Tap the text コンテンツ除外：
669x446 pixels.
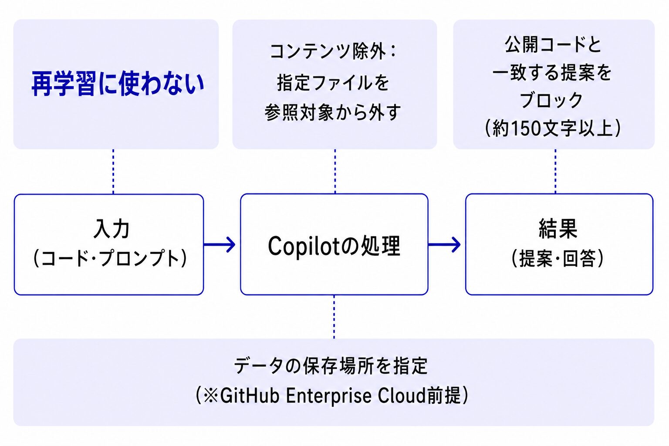333,51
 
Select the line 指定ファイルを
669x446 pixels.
333,82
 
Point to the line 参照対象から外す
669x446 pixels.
333,112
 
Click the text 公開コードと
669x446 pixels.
553,44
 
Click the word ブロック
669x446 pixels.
551,100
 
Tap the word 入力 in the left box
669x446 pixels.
111,229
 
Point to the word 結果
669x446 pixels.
558,229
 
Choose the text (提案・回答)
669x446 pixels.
557,258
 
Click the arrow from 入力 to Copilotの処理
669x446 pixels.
220,245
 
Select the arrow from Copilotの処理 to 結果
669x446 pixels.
444,245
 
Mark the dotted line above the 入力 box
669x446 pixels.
113,172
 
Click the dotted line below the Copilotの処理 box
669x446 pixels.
334,317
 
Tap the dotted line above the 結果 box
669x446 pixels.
555,172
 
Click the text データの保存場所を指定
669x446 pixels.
331,366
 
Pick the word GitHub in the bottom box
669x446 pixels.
250,395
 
